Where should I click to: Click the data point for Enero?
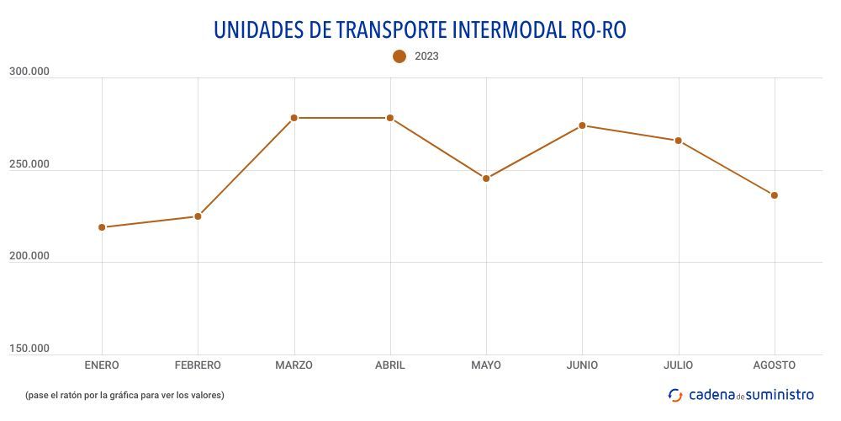[102, 227]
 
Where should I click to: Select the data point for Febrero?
[198, 216]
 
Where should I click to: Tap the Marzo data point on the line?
[294, 118]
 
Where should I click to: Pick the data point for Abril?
[390, 118]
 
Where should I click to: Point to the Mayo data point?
[486, 179]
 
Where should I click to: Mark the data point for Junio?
[582, 125]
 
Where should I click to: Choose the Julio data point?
[678, 141]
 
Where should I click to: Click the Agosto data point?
[775, 195]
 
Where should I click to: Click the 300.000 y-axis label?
[29, 72]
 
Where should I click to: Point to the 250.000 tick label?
[29, 164]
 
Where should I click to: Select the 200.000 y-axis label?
[29, 256]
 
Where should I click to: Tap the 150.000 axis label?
[29, 349]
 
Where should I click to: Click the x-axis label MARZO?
[294, 365]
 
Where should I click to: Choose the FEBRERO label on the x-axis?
[198, 365]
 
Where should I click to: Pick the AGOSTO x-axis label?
[775, 365]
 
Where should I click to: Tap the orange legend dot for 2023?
[399, 56]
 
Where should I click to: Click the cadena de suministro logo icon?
[675, 395]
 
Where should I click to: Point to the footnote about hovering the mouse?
[124, 395]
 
